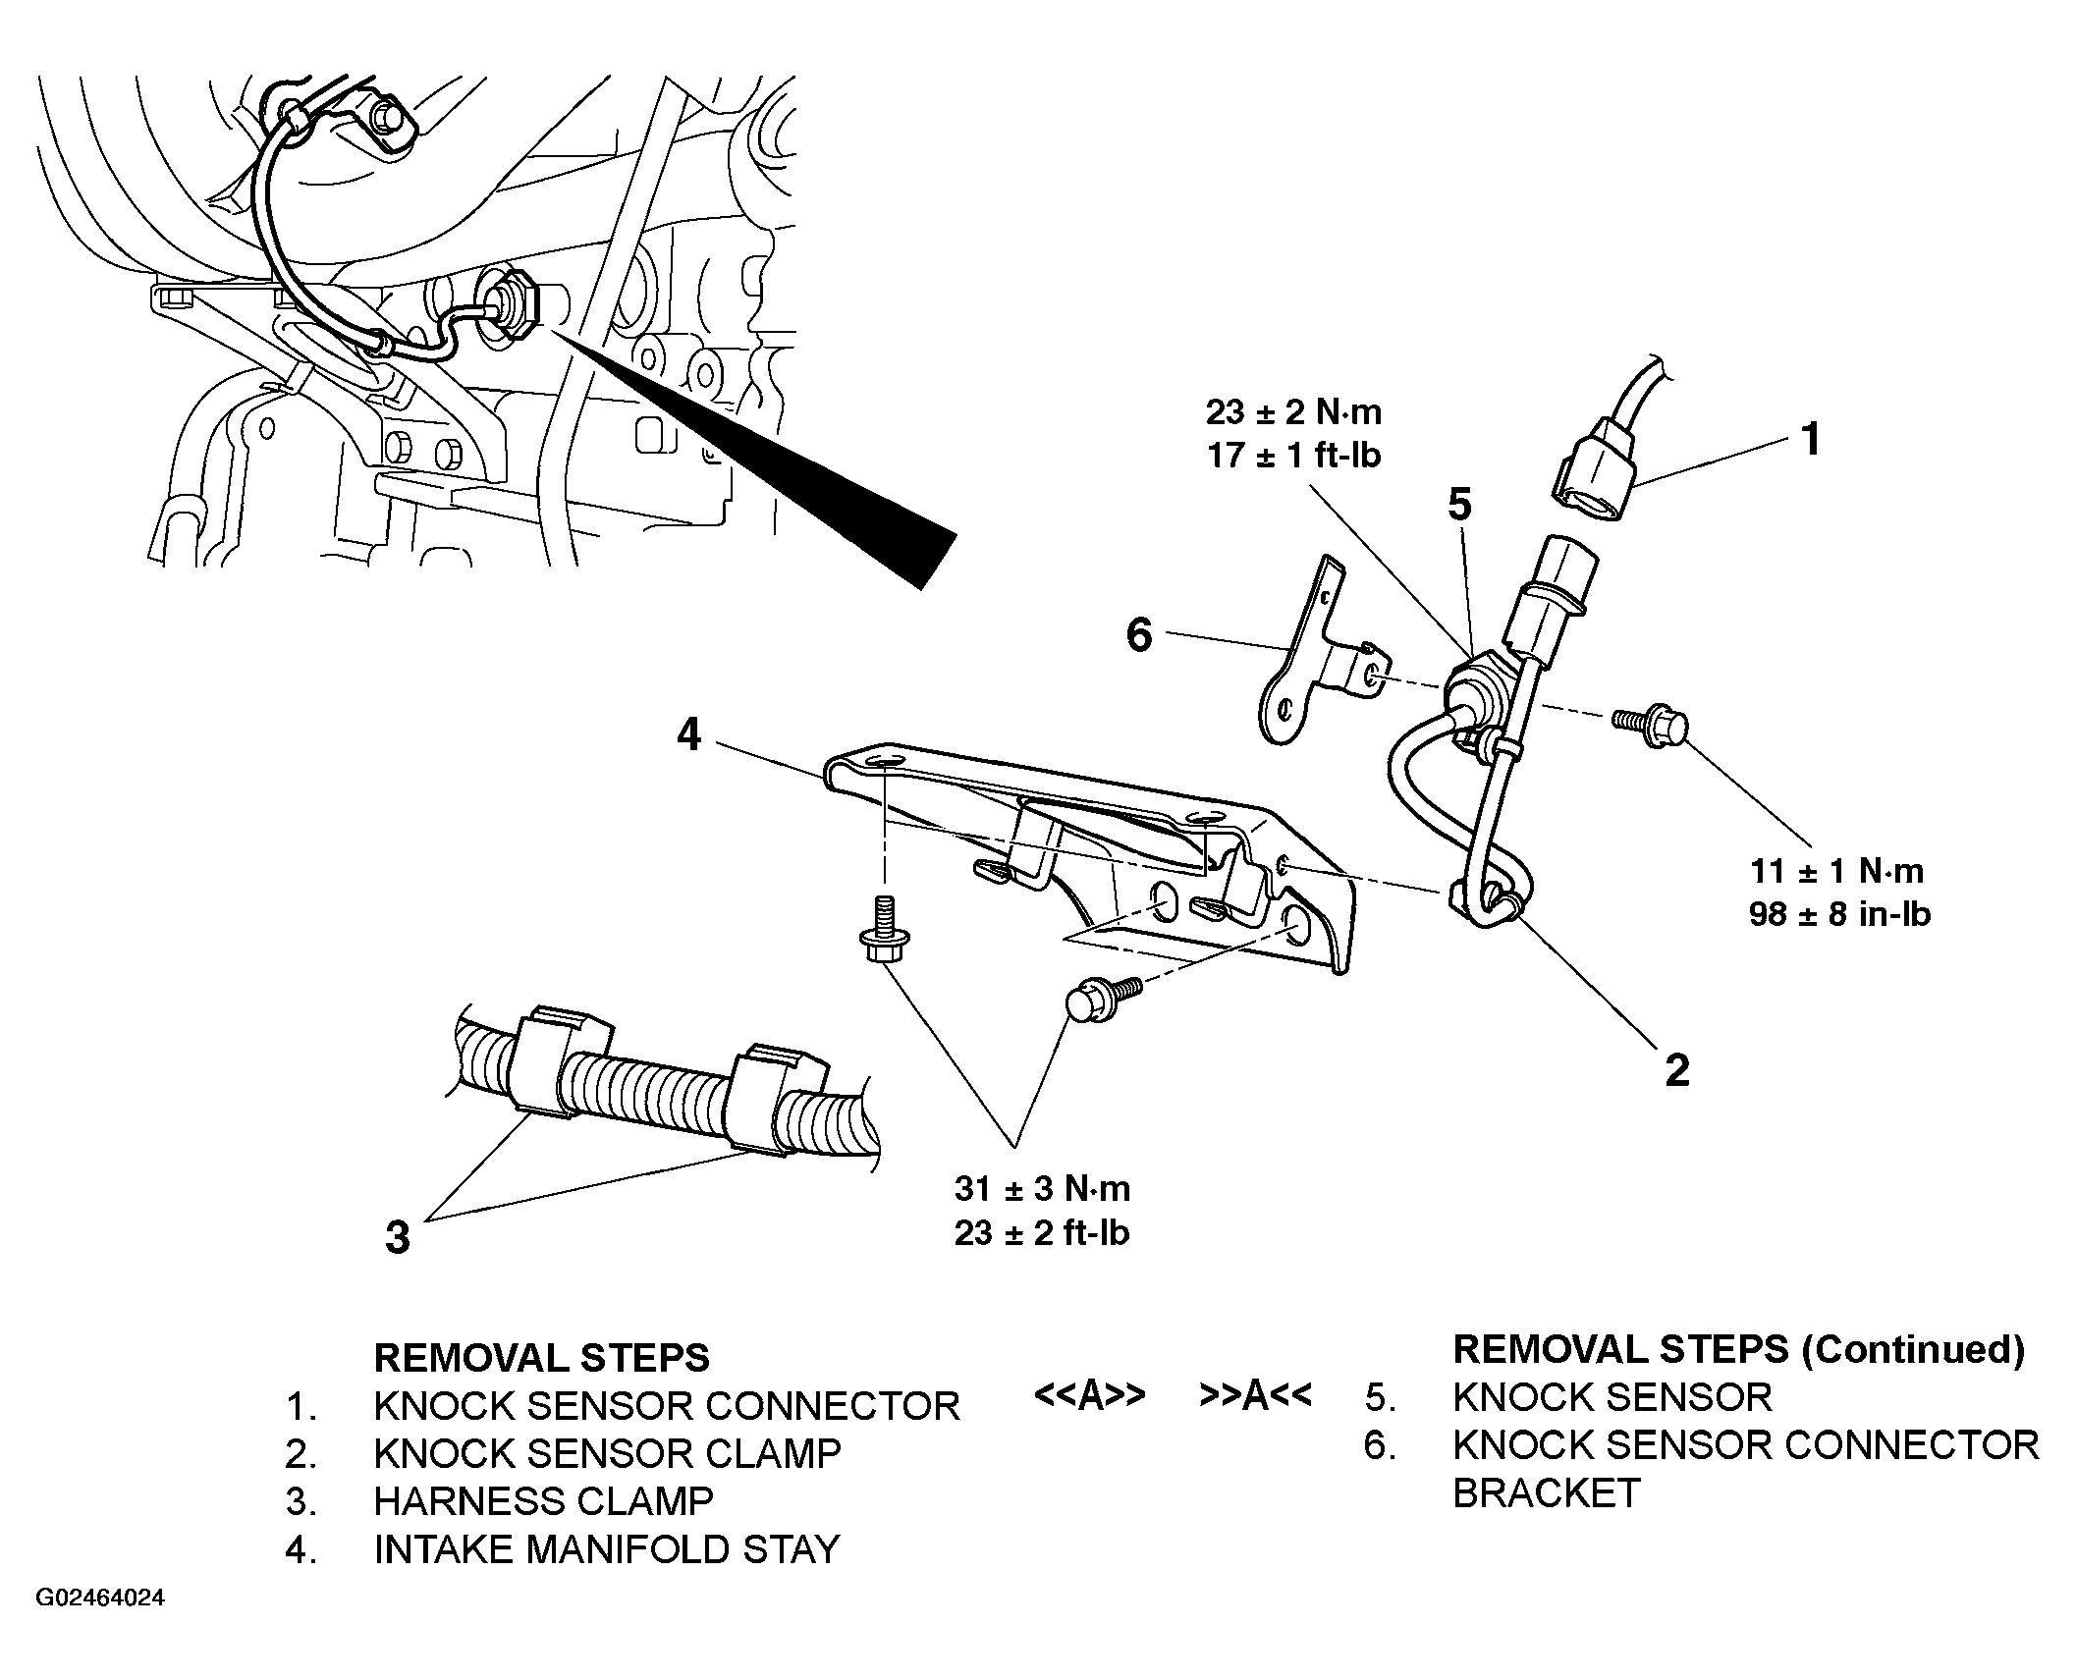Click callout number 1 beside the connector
coord(1810,439)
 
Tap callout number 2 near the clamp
coord(1677,1069)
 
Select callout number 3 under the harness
coord(397,1237)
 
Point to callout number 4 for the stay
coord(689,733)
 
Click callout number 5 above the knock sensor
coord(1460,505)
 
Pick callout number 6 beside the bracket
coord(1139,634)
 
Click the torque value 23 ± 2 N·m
coord(1293,412)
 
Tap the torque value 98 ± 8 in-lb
coord(1839,914)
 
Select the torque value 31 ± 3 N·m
coord(1042,1189)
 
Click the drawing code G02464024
coord(100,1599)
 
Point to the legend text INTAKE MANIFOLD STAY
coord(606,1549)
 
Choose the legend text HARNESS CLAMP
coord(543,1501)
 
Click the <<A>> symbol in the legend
coord(1089,1395)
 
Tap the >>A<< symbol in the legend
coord(1254,1395)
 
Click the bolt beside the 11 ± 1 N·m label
coord(1652,727)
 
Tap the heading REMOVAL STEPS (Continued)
coord(1738,1350)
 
